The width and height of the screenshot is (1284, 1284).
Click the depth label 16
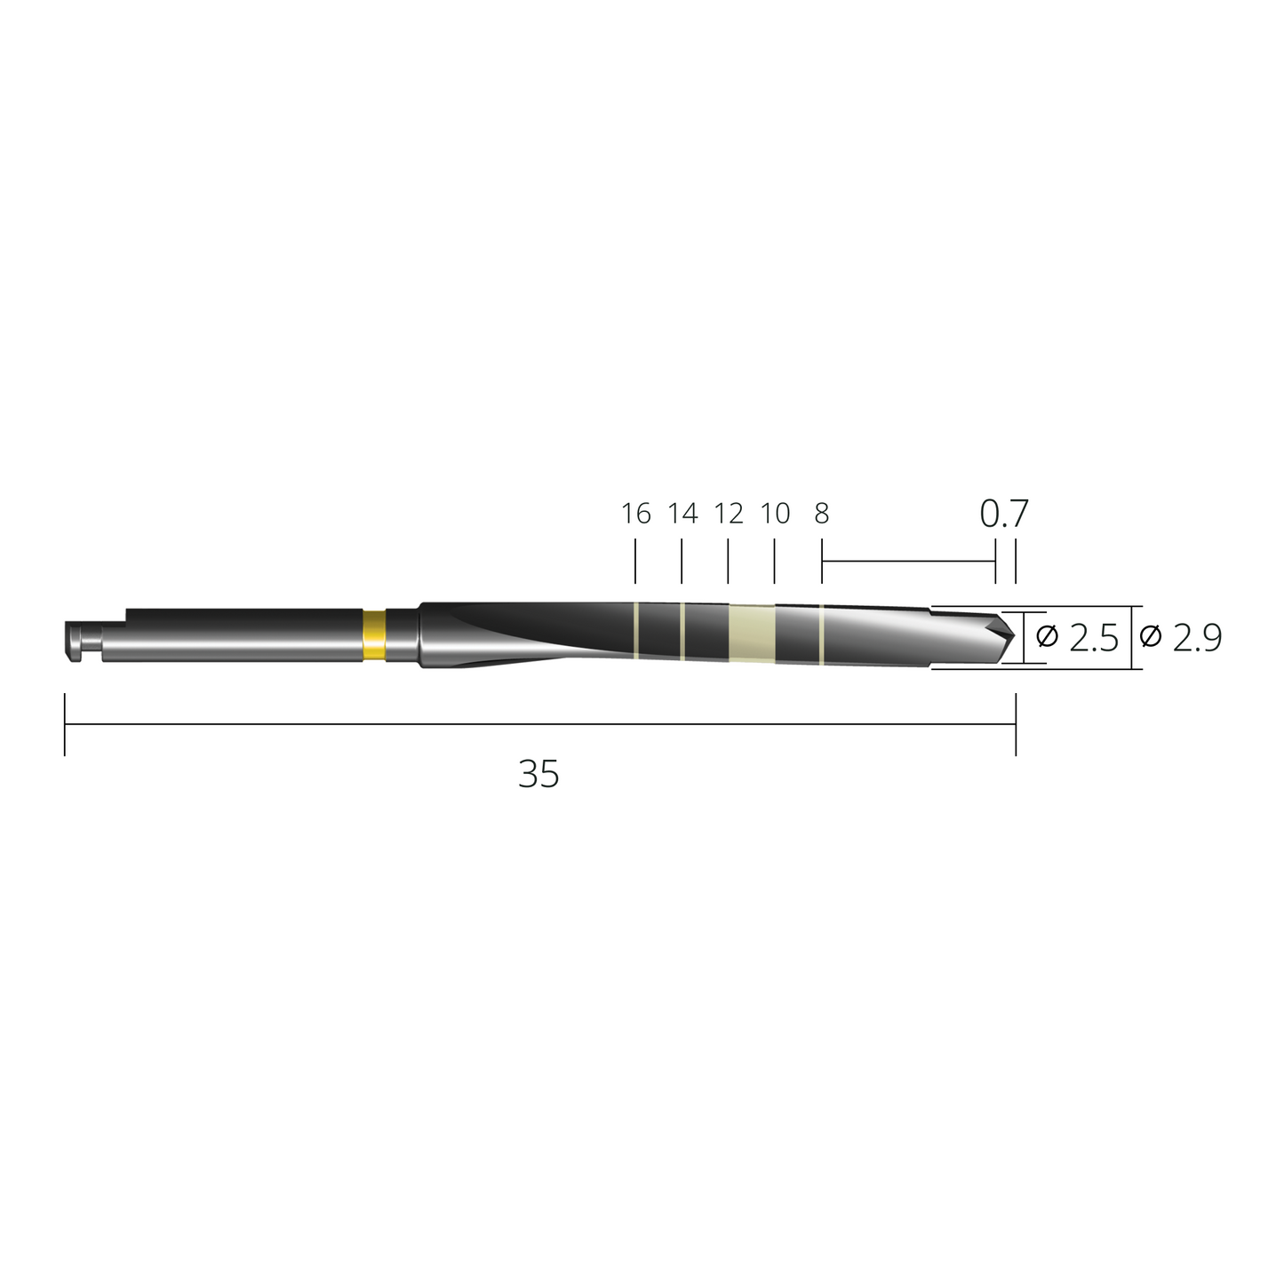point(635,513)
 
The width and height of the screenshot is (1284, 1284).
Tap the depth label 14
point(682,513)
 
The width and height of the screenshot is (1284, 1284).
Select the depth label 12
point(729,513)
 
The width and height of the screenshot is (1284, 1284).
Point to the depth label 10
point(775,513)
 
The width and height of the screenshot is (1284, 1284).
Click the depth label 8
point(822,513)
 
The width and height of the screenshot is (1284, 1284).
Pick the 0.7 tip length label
point(1004,513)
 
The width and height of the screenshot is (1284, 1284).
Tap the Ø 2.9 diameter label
point(1181,638)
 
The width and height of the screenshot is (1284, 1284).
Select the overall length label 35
point(538,774)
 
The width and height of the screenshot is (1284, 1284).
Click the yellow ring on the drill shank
point(374,634)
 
